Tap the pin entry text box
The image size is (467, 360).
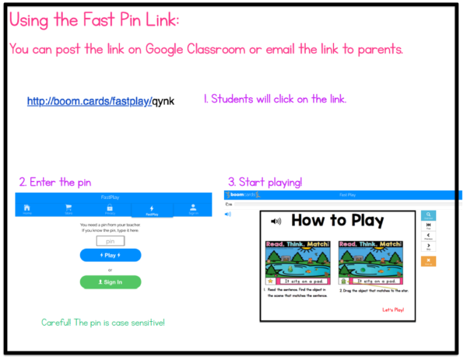110,241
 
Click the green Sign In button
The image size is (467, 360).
110,281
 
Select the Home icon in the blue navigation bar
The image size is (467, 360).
27,208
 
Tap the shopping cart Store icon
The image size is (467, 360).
68,208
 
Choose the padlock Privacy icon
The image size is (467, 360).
110,208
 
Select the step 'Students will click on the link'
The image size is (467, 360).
275,100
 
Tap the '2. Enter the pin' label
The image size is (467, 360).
55,182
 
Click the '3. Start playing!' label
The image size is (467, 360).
265,182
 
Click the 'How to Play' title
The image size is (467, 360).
337,221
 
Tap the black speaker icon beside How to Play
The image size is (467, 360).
276,222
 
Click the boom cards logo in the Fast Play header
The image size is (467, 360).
244,195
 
